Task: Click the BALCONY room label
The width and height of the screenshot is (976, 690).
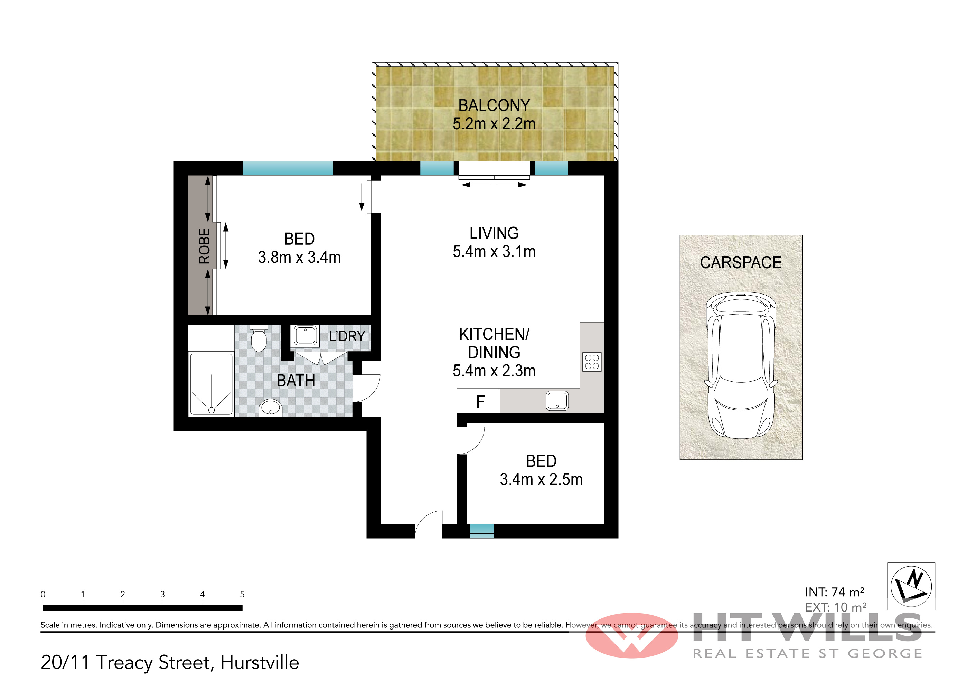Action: (x=494, y=105)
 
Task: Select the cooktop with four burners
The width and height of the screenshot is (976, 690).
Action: (x=592, y=362)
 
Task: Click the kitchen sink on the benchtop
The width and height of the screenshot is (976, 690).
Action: (x=557, y=400)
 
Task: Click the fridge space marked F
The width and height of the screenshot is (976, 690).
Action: (x=479, y=401)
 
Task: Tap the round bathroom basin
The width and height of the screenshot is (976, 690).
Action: (x=270, y=408)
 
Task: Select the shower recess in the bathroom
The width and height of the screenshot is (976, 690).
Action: (x=211, y=383)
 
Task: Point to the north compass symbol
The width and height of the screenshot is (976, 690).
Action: (x=911, y=586)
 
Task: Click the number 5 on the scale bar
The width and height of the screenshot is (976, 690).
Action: (x=242, y=594)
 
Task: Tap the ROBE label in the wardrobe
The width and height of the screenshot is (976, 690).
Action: (x=205, y=246)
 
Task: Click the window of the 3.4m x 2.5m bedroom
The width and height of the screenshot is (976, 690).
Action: (x=482, y=531)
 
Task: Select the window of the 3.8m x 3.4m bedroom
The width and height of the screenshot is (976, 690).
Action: (x=288, y=168)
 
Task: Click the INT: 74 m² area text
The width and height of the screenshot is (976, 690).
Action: (x=834, y=592)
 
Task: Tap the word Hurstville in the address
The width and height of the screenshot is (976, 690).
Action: (x=260, y=662)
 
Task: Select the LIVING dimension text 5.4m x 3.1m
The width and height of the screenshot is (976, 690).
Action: (x=494, y=252)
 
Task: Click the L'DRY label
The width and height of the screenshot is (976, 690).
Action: (x=347, y=336)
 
